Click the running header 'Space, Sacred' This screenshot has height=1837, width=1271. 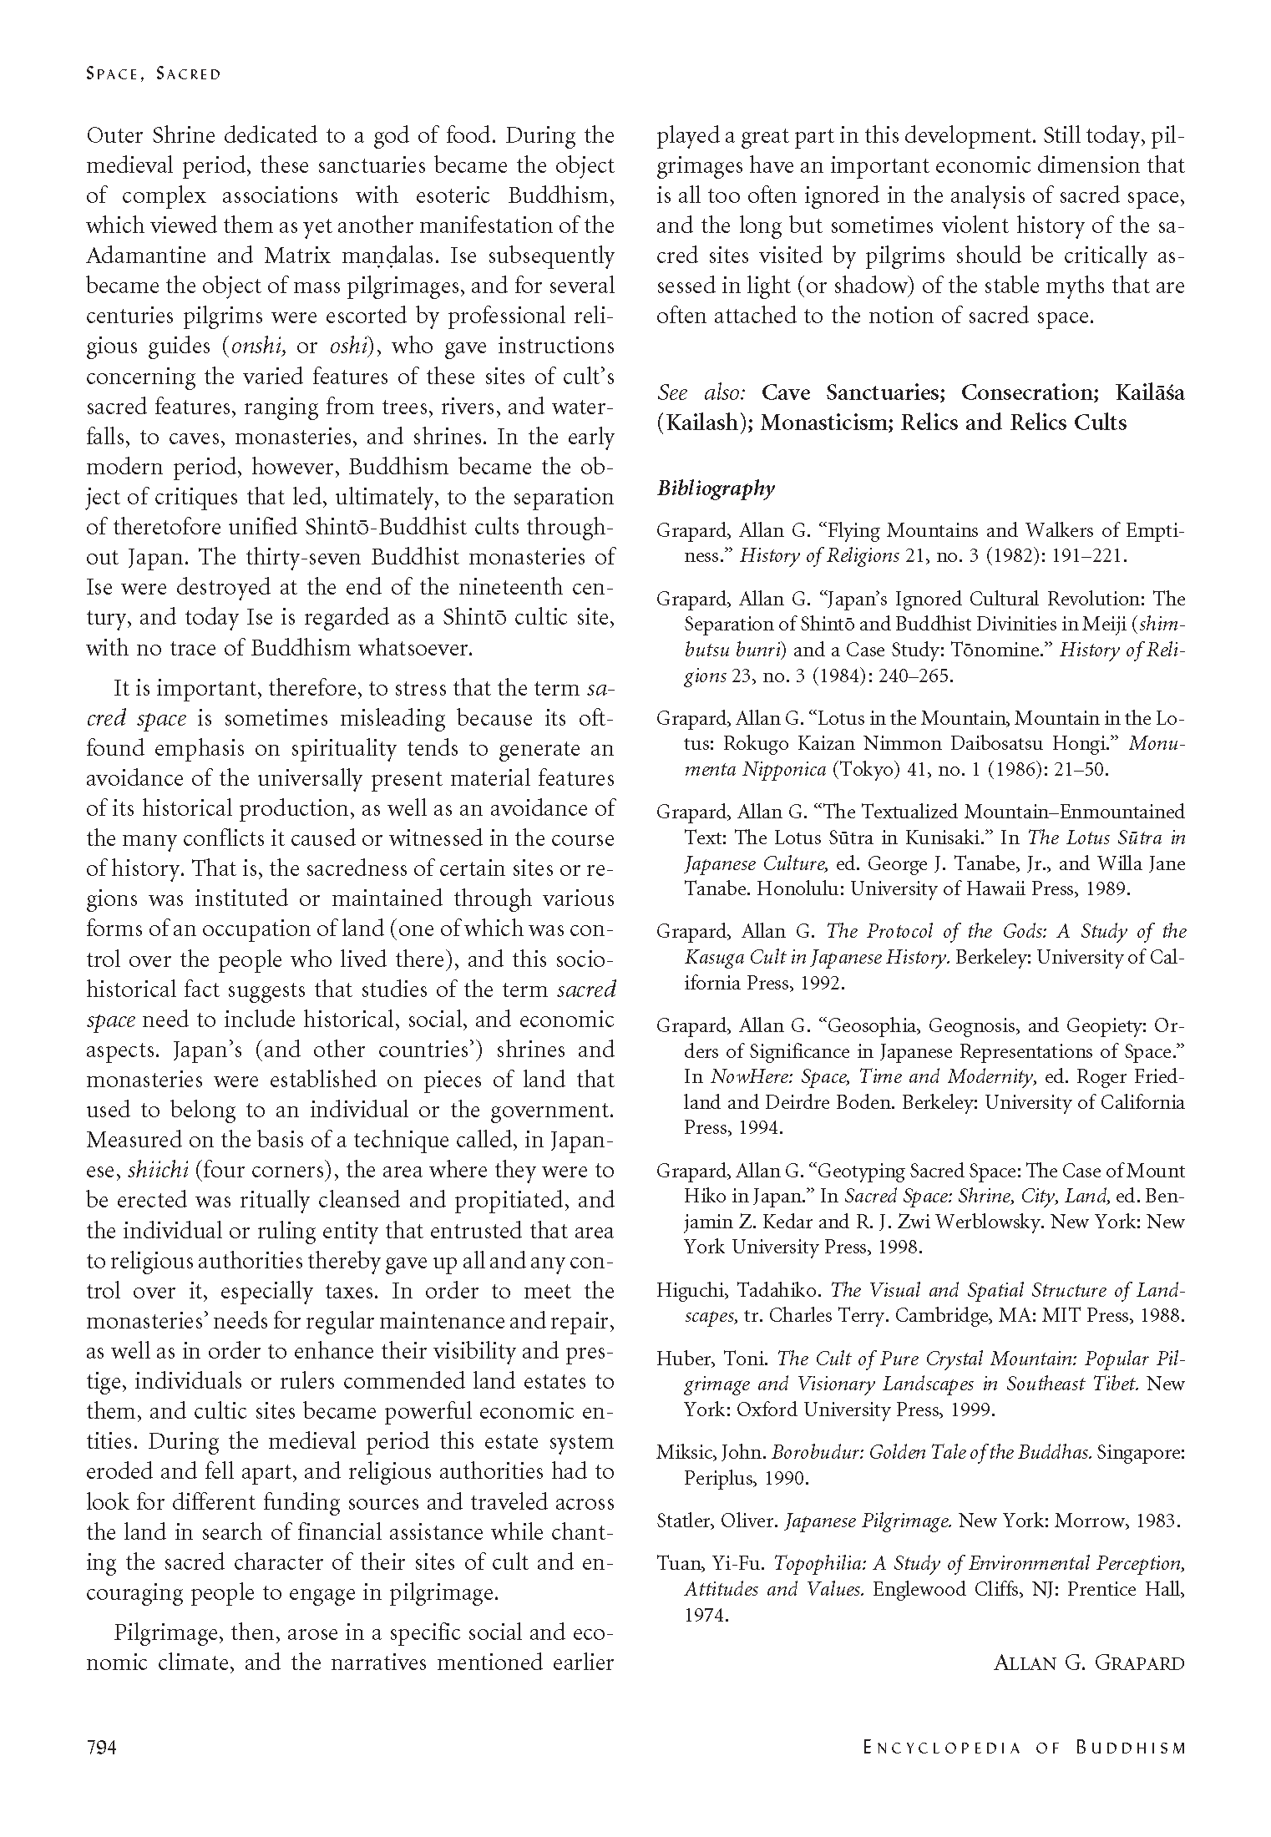click(x=154, y=74)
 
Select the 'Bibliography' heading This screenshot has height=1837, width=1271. click(x=716, y=488)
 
